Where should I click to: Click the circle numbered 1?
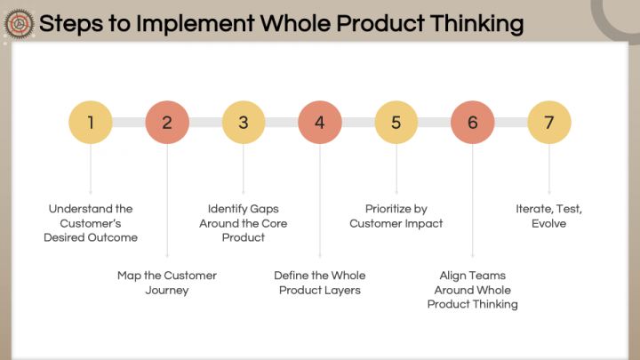[91, 123]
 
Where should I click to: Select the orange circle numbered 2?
[167, 123]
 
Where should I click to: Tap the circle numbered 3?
[244, 123]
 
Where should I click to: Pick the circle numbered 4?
[320, 123]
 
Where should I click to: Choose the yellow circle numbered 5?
[396, 123]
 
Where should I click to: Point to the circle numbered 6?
[472, 123]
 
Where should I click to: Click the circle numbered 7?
[549, 123]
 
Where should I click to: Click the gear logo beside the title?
[19, 24]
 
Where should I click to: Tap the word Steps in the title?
[71, 24]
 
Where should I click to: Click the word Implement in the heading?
[196, 24]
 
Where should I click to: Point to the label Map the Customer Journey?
[167, 283]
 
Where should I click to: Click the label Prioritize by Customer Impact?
[396, 216]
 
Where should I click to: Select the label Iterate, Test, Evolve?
[549, 216]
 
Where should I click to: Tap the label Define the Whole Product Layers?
[320, 283]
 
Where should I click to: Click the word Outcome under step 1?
[115, 237]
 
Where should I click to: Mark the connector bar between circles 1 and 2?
[129, 123]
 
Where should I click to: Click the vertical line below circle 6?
[472, 200]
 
